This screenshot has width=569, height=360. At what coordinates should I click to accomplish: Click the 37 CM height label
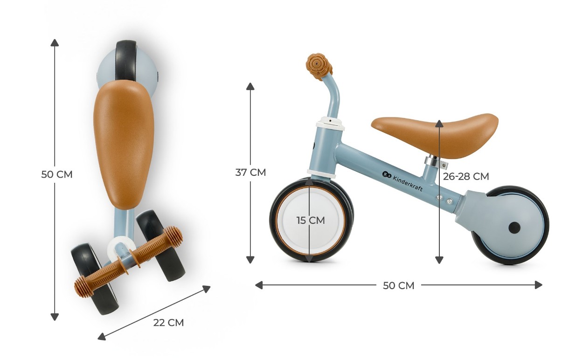(x=250, y=172)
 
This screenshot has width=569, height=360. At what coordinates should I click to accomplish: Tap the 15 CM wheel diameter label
(x=311, y=220)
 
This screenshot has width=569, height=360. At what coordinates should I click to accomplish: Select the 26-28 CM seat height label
(x=466, y=176)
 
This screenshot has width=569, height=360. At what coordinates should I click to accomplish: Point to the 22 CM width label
(x=168, y=323)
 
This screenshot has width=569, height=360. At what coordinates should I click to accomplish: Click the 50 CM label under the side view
(x=399, y=285)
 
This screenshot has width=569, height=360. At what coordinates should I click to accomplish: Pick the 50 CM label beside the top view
(x=57, y=174)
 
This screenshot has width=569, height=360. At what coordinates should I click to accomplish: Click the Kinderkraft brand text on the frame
(x=408, y=183)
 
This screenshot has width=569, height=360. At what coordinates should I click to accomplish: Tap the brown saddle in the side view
(x=435, y=135)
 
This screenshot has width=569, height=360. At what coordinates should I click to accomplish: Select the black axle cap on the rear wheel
(x=514, y=228)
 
